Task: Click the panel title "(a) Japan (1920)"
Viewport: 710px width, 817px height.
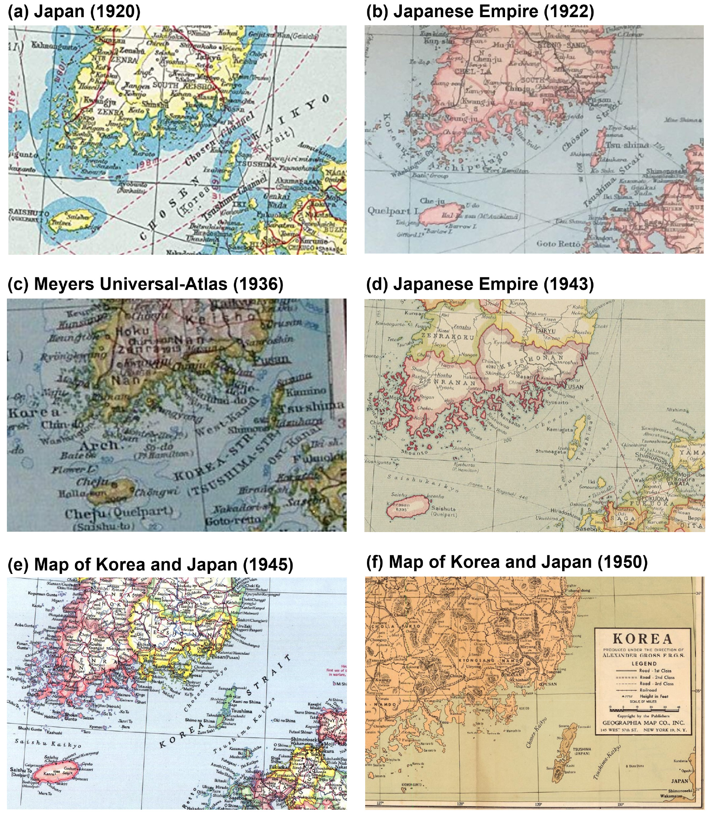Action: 74,12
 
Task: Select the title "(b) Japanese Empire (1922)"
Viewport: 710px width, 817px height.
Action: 480,12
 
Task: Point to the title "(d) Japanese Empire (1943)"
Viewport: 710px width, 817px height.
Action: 479,284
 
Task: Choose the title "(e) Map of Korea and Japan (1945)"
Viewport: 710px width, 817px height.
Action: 150,565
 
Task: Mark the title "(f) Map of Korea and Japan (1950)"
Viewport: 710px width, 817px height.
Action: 507,562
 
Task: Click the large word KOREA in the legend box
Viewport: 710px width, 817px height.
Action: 643,639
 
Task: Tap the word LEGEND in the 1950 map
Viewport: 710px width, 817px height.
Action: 644,663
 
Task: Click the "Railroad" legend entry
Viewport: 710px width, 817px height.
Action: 648,690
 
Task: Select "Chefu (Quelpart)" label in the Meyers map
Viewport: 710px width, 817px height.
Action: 119,514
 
